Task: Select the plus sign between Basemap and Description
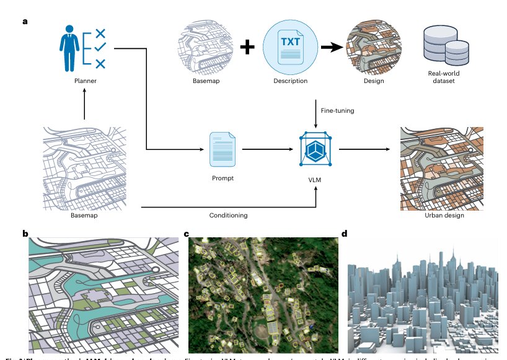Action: tap(247, 48)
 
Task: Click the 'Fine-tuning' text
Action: tap(337, 110)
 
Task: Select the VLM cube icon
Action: tap(316, 149)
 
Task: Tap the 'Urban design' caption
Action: tap(444, 215)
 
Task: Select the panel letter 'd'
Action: tap(345, 234)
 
